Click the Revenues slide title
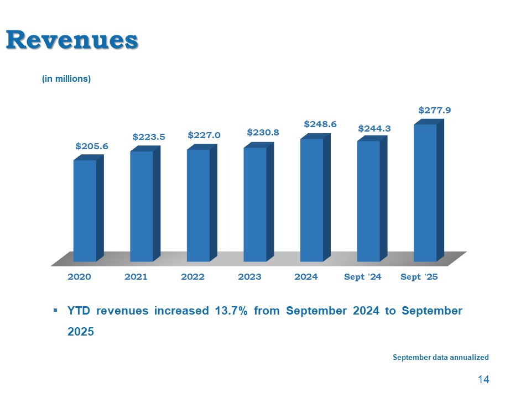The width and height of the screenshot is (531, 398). (x=72, y=40)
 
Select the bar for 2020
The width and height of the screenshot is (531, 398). (x=85, y=210)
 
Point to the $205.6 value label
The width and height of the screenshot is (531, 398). (x=92, y=146)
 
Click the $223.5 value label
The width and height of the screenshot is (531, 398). (x=149, y=136)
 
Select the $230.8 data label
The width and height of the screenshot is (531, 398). (x=263, y=133)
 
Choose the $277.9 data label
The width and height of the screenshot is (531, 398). (x=434, y=110)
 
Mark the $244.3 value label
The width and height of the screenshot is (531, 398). (x=374, y=128)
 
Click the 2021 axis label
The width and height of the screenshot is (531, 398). (x=136, y=277)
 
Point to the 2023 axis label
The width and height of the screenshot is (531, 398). (x=249, y=277)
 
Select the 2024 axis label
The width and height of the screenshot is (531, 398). (x=306, y=277)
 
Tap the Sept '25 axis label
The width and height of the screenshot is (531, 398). (x=419, y=277)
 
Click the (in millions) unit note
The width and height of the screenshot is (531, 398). (x=66, y=79)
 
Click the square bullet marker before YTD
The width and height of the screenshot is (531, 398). (x=55, y=311)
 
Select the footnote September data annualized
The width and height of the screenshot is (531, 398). (x=440, y=358)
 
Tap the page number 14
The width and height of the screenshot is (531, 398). (x=483, y=380)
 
